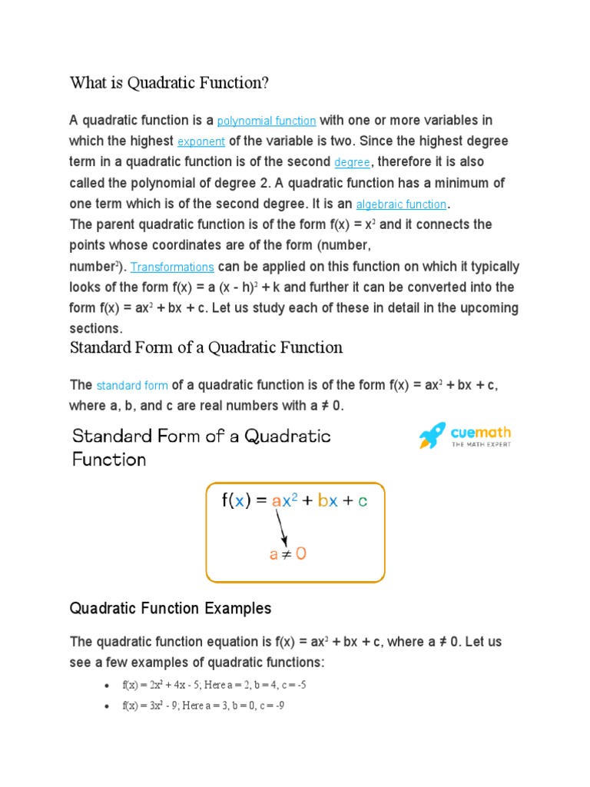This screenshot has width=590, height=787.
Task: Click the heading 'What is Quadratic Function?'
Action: (169, 82)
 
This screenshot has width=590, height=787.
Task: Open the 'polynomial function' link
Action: (267, 121)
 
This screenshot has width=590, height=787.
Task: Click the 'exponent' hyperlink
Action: (201, 142)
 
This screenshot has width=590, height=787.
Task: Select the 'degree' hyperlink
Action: (352, 163)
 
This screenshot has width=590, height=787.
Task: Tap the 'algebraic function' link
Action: (401, 204)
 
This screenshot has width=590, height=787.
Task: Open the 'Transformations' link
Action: (172, 267)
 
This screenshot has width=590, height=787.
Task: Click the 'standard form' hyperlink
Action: (131, 386)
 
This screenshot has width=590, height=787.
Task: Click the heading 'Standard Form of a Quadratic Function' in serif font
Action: (206, 347)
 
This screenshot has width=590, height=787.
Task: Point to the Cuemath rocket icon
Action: (432, 436)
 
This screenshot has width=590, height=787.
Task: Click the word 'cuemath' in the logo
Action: (481, 432)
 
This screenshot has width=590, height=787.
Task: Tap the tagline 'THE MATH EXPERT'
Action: (481, 444)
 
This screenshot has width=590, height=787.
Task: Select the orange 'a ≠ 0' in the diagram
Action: (287, 553)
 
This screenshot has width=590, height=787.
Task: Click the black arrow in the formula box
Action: (282, 528)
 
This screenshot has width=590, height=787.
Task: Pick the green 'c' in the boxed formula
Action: (363, 501)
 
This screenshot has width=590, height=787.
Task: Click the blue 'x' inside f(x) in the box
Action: (240, 501)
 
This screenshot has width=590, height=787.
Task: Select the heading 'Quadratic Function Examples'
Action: (171, 609)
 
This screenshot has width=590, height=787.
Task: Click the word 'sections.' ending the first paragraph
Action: (96, 329)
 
